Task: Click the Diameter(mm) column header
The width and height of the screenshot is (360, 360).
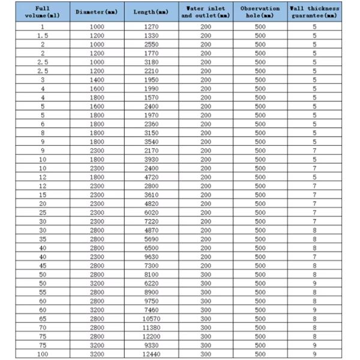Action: (x=97, y=12)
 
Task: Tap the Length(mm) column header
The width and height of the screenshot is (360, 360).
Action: (x=151, y=12)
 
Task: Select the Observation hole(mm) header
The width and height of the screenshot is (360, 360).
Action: (x=260, y=12)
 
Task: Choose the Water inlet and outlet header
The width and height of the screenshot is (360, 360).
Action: (x=206, y=12)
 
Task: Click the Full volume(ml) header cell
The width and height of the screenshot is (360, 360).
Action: (x=43, y=12)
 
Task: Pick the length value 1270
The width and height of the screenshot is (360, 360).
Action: (x=151, y=27)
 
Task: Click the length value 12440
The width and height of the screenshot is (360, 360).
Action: (x=151, y=353)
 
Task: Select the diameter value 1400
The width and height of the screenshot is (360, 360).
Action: (x=97, y=80)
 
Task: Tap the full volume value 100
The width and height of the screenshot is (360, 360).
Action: (x=43, y=353)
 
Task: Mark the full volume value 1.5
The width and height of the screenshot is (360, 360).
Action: (x=43, y=36)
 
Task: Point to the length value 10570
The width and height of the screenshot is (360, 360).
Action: (x=151, y=319)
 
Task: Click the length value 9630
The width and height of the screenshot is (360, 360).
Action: (x=151, y=257)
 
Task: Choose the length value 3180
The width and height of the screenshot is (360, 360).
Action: (x=151, y=62)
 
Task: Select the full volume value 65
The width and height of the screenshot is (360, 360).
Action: (x=43, y=319)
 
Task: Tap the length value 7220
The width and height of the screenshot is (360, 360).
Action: (x=151, y=221)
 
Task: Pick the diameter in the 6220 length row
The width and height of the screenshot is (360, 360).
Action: (x=97, y=283)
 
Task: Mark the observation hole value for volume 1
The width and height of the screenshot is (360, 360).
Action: (x=260, y=27)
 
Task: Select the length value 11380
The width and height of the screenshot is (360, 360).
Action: (x=151, y=327)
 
